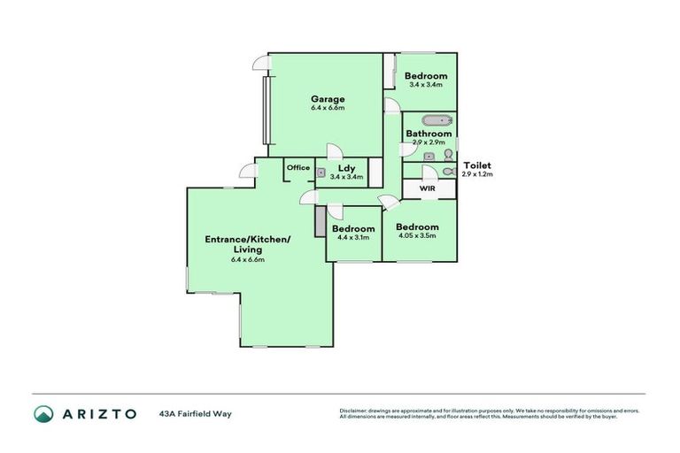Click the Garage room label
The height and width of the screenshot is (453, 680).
(x=327, y=98)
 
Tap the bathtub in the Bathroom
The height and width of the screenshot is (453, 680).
(x=434, y=120)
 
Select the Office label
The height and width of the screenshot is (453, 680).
(x=298, y=167)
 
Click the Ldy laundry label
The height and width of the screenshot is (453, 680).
(x=347, y=167)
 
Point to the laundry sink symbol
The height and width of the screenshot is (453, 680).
(x=322, y=173)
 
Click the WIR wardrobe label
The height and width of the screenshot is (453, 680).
(x=427, y=188)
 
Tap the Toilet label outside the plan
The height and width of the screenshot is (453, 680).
(x=476, y=165)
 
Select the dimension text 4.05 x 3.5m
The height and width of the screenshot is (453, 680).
(x=417, y=237)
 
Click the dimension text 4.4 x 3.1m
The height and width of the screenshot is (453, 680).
(x=352, y=237)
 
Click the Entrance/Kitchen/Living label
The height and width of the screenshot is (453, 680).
(x=248, y=244)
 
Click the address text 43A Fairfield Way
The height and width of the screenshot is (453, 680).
(x=195, y=413)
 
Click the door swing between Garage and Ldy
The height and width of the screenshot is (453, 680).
(x=333, y=150)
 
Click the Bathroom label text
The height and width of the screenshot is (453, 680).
(x=429, y=134)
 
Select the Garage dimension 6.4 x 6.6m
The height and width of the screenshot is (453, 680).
(x=327, y=108)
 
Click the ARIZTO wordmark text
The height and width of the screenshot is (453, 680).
(x=98, y=413)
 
